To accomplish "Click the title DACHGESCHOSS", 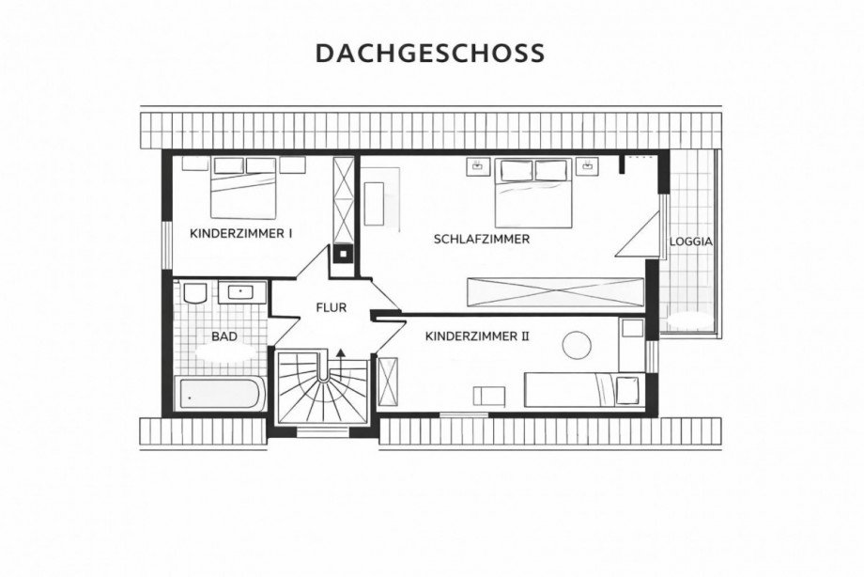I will pyautogui.click(x=430, y=54).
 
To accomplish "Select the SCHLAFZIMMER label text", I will pyautogui.click(x=482, y=239).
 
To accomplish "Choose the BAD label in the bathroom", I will pyautogui.click(x=224, y=336).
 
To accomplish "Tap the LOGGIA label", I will pyautogui.click(x=690, y=242).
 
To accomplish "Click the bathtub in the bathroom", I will pyautogui.click(x=220, y=394).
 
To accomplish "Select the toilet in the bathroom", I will pyautogui.click(x=195, y=292).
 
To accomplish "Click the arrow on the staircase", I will pyautogui.click(x=340, y=351).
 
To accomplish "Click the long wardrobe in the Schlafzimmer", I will pyautogui.click(x=555, y=293).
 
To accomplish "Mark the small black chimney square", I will pyautogui.click(x=344, y=252).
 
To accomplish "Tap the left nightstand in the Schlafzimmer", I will pyautogui.click(x=477, y=166).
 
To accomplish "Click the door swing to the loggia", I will pyautogui.click(x=640, y=235).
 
